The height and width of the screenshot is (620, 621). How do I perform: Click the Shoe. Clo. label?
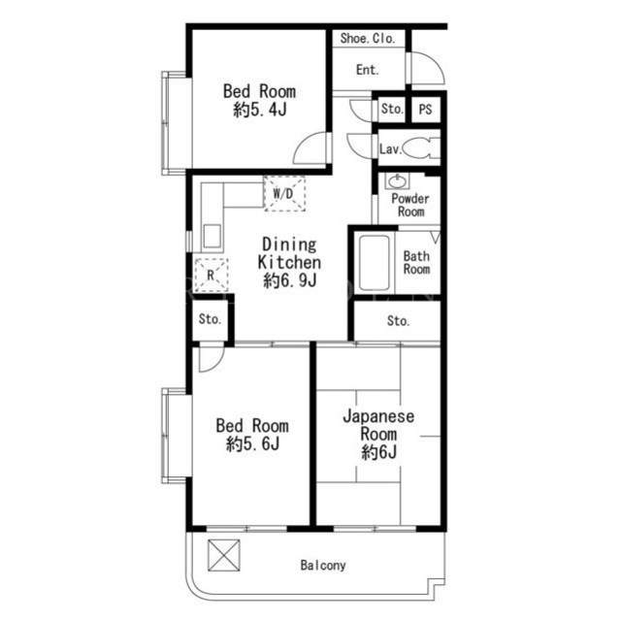[368, 39]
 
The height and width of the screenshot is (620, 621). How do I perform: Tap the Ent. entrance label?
[367, 70]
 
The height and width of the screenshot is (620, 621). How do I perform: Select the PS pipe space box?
[425, 109]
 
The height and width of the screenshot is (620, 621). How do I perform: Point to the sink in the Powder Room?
[397, 181]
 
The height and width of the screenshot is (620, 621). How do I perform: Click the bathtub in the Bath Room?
[374, 263]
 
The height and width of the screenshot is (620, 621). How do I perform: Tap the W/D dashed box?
[284, 194]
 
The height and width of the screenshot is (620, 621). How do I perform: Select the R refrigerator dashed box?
[212, 276]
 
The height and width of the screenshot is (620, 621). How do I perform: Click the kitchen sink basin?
[212, 237]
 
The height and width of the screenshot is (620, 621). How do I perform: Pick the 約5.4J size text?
[260, 110]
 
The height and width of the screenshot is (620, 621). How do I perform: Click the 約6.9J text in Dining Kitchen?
[290, 280]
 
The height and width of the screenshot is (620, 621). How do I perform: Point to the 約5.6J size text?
[252, 443]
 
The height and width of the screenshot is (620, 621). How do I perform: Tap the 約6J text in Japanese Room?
[379, 452]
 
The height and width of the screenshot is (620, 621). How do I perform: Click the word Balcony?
[323, 565]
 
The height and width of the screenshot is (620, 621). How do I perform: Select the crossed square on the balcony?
[224, 555]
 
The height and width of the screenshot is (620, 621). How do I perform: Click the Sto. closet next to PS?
[391, 109]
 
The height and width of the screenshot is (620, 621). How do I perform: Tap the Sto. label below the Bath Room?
[398, 321]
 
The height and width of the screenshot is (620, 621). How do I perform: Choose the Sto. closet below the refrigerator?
[210, 319]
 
